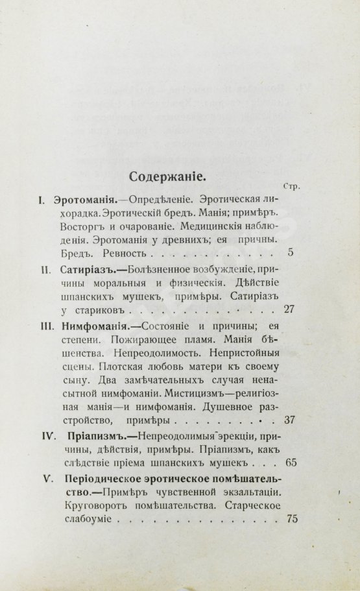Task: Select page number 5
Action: click(x=291, y=252)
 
